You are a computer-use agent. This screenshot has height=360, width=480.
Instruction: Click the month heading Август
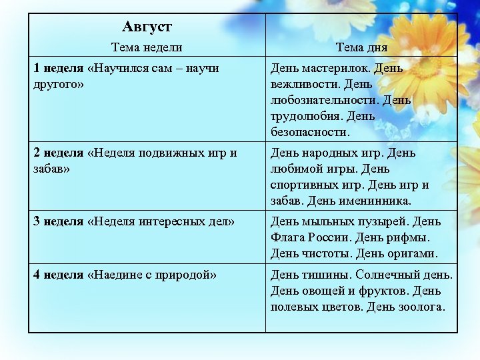click(x=147, y=27)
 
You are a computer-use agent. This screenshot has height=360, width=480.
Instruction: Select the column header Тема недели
click(x=147, y=47)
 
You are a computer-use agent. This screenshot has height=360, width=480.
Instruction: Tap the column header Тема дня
click(x=361, y=47)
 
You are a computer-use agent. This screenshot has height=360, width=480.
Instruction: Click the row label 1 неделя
click(x=59, y=68)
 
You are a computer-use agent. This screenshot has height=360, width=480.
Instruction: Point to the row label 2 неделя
click(x=59, y=153)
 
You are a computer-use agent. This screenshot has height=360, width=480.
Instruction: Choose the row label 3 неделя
click(x=59, y=221)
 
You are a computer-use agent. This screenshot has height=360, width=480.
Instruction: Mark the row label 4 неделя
click(x=59, y=275)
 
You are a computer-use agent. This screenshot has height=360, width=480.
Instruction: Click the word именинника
click(x=377, y=201)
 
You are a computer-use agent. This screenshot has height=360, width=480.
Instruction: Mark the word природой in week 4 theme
click(x=187, y=275)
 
